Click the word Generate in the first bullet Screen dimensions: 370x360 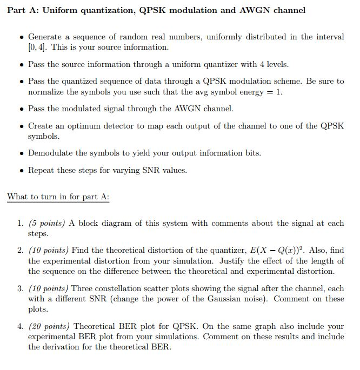tap(45, 37)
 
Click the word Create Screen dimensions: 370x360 tap(41, 126)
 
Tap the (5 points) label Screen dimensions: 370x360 tap(46, 223)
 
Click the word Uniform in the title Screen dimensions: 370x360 tap(61, 10)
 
